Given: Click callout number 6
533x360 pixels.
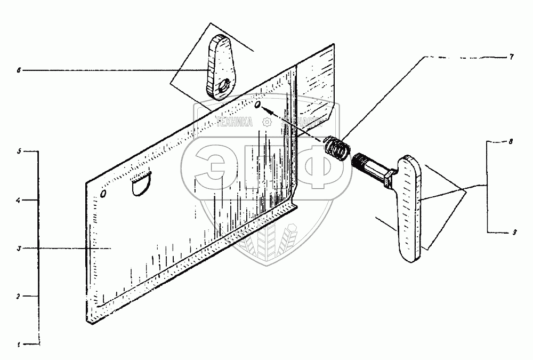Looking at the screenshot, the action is point(19,70).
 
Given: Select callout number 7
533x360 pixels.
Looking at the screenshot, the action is point(511,56).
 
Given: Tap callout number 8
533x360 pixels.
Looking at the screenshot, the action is point(511,142).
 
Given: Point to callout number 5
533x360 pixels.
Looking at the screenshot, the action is point(19,152).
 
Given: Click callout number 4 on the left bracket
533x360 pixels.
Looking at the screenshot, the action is point(19,201).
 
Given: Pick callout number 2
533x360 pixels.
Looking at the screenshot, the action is point(19,295).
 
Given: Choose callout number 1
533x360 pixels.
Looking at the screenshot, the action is point(19,345).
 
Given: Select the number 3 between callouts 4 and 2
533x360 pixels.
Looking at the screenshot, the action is point(19,249).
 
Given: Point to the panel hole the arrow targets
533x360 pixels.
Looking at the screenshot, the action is point(258,107).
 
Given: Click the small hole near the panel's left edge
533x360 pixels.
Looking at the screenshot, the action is point(103,193).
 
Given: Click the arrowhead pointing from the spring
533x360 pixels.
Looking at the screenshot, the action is point(267,110).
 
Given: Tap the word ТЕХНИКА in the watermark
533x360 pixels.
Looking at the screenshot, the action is point(235,122).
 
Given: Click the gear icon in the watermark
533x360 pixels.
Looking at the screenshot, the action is point(265,122).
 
